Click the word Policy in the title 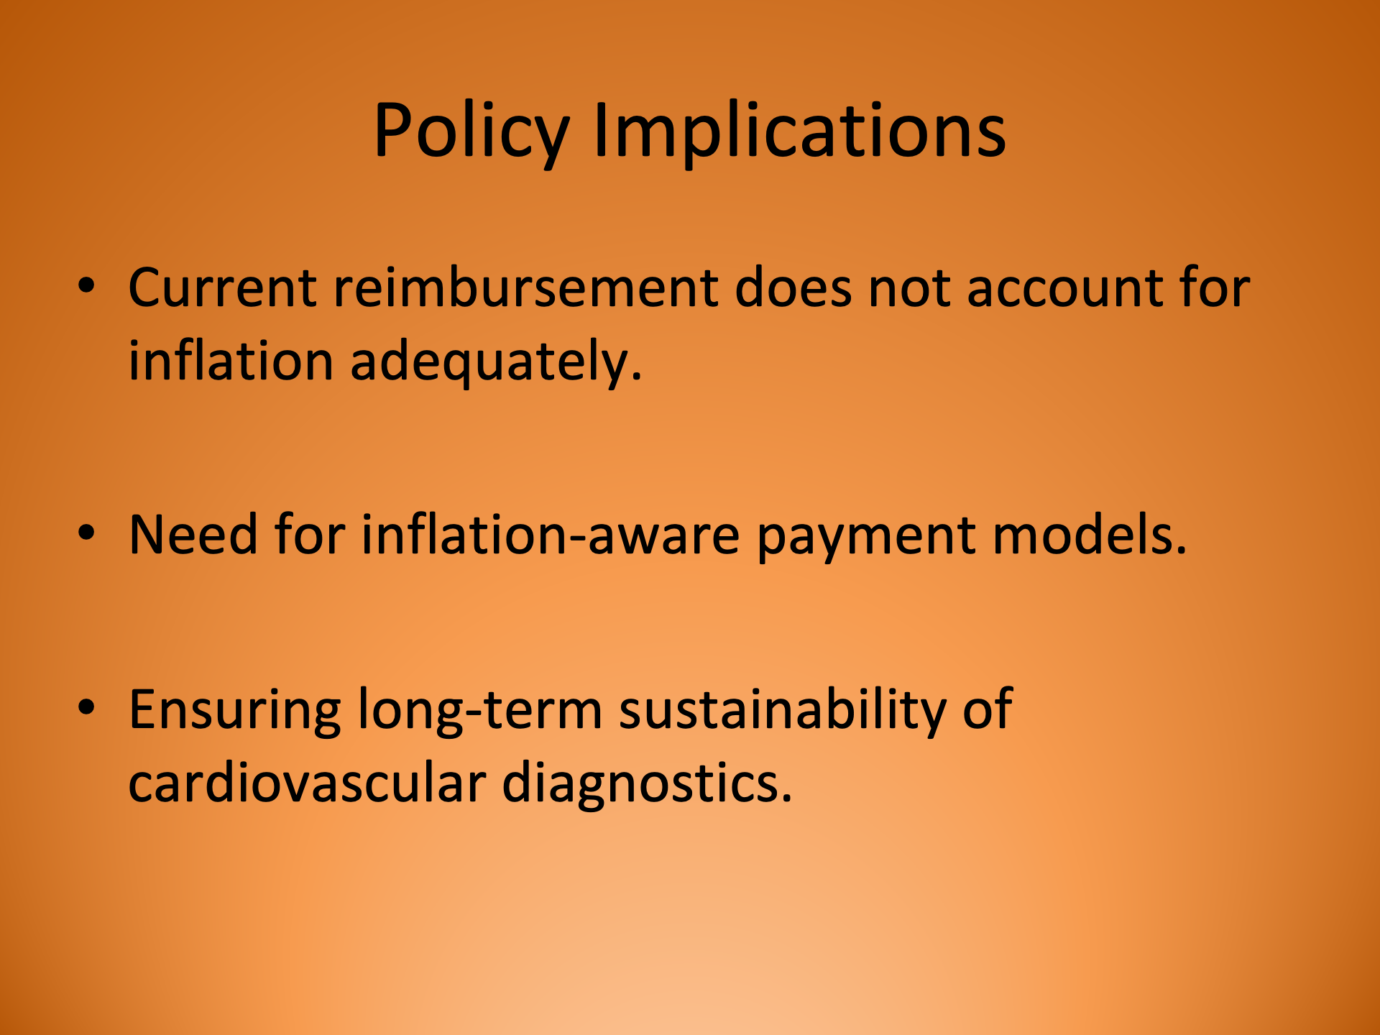471,131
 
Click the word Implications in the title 799,131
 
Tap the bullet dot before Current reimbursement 87,285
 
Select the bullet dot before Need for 87,533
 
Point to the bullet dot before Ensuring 87,707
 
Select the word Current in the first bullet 221,287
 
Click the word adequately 495,362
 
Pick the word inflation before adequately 230,360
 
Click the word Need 193,535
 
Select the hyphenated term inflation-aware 550,535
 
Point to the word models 1089,535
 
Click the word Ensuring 234,711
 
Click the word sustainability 782,711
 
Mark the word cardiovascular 307,783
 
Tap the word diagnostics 646,784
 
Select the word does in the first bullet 793,287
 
